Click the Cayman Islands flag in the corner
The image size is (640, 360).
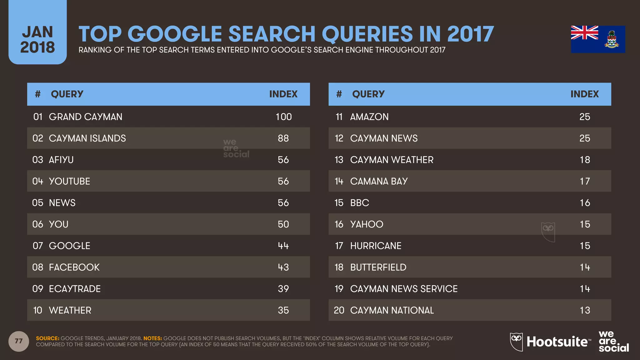click(598, 39)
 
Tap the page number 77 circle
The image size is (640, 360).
click(19, 341)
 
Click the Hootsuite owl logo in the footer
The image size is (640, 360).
click(516, 342)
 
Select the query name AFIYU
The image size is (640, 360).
click(61, 160)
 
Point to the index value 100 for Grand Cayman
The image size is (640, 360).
click(283, 117)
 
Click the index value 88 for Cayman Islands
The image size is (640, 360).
click(283, 138)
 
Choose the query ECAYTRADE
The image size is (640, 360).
click(75, 289)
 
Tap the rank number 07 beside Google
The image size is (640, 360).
click(37, 246)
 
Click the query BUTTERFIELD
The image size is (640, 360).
click(378, 267)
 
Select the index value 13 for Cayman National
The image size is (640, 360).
click(585, 310)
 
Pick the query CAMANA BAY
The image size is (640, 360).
click(379, 181)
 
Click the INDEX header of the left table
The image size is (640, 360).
click(283, 94)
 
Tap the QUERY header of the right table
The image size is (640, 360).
click(368, 94)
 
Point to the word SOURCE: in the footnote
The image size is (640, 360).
click(47, 338)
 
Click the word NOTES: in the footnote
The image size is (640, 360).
click(152, 338)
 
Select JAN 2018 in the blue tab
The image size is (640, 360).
click(37, 40)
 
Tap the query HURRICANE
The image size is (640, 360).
click(376, 246)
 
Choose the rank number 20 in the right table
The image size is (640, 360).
click(339, 310)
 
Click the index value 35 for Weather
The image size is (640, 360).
click(283, 310)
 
